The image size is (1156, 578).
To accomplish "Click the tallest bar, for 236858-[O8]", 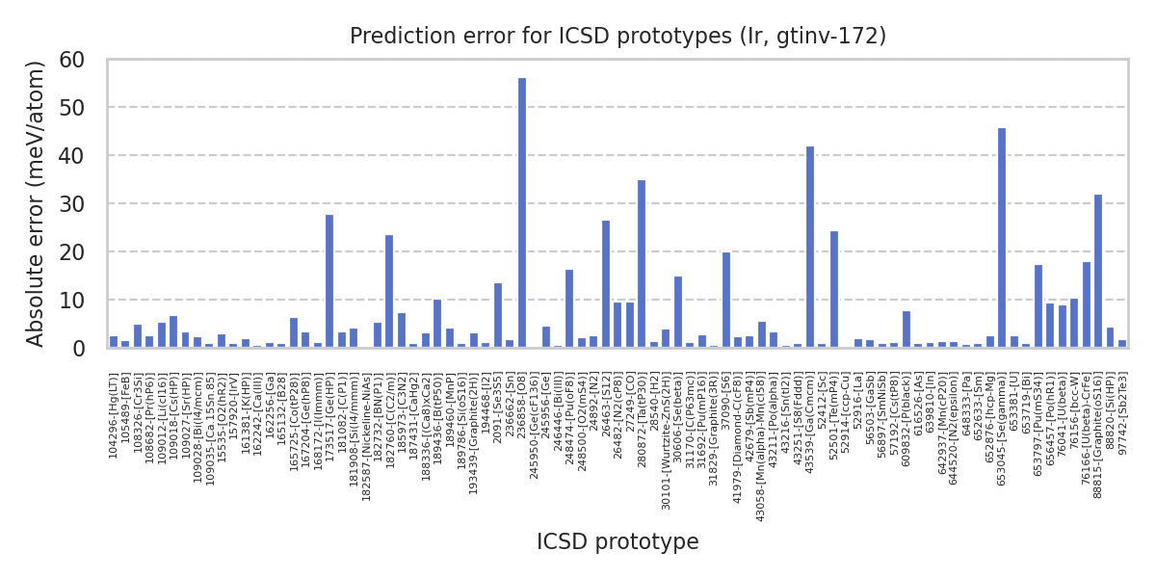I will pyautogui.click(x=522, y=213).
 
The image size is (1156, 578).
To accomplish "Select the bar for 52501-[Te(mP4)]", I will pyautogui.click(x=834, y=290).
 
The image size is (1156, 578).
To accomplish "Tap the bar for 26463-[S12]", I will pyautogui.click(x=606, y=284).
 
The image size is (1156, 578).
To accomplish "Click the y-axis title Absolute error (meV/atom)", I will pyautogui.click(x=37, y=203).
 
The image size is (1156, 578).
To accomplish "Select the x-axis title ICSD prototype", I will pyautogui.click(x=617, y=542).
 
